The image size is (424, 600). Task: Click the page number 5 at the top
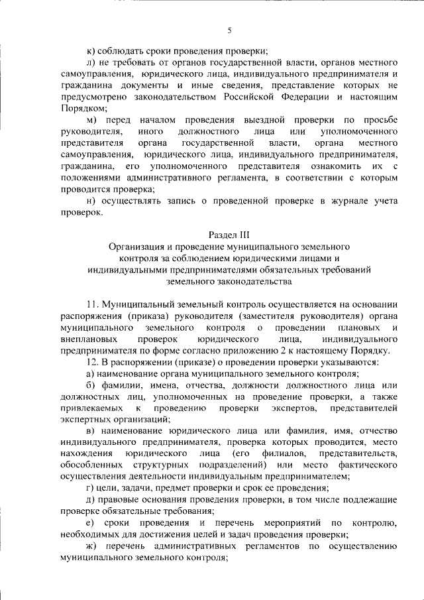pos(229,30)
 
